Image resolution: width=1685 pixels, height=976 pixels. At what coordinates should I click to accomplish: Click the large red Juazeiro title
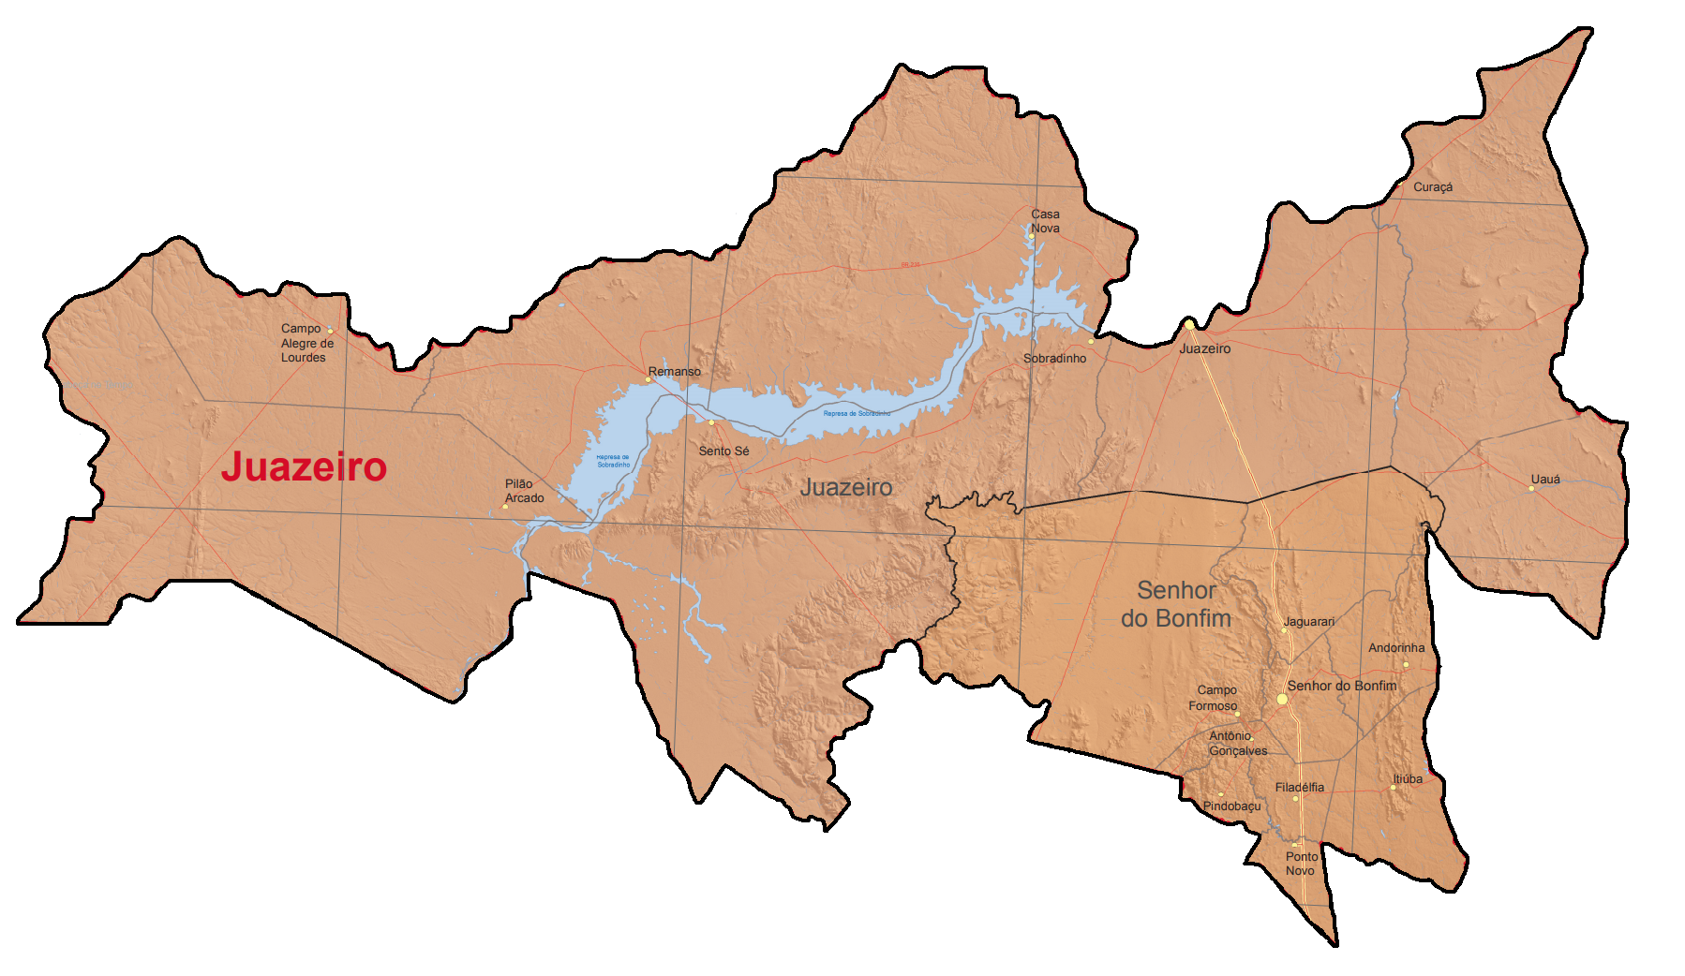[x=304, y=467]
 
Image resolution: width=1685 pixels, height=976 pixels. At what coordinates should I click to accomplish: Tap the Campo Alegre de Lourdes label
[x=306, y=343]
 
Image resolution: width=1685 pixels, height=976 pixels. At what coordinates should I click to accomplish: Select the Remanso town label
[x=675, y=372]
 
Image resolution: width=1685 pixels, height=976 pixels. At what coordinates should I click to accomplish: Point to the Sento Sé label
[x=723, y=451]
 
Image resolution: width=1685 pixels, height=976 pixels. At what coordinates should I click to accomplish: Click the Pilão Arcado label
[x=524, y=491]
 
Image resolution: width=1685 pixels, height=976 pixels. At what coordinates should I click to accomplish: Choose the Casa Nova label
[x=1045, y=221]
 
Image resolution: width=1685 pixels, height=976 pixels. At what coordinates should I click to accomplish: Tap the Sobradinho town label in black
[x=1054, y=359]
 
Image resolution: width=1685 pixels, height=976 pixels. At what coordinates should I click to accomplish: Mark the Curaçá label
[x=1432, y=187]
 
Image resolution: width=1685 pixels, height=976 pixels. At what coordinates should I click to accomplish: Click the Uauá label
[x=1545, y=480]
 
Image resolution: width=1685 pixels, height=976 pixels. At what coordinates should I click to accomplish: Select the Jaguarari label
[x=1308, y=622]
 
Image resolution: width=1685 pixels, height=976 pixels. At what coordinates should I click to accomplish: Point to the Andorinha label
[x=1395, y=648]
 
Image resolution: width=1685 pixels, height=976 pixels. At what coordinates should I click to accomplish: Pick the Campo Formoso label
[x=1215, y=698]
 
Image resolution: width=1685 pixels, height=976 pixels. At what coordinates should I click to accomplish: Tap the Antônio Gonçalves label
[x=1237, y=744]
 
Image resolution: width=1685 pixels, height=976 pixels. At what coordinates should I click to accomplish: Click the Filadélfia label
[x=1299, y=788]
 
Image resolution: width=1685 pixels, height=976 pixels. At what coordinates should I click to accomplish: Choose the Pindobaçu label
[x=1231, y=806]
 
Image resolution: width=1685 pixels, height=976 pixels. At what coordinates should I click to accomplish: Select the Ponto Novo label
[x=1301, y=864]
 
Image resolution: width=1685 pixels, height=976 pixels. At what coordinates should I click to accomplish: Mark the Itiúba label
[x=1407, y=779]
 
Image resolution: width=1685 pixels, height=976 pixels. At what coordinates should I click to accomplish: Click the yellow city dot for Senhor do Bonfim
[x=1282, y=699]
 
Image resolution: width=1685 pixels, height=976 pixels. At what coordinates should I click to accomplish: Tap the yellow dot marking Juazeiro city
[x=1189, y=325]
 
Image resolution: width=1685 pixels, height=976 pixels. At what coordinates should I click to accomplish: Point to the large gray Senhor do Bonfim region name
[x=1176, y=604]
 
